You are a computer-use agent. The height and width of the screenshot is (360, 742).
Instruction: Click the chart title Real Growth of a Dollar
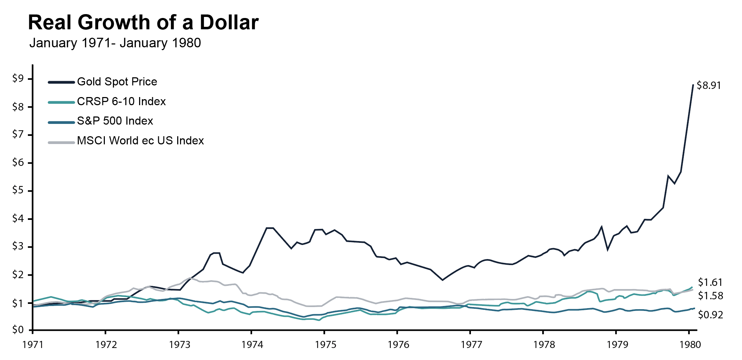point(143,23)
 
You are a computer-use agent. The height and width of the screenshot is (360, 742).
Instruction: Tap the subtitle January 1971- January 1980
point(115,43)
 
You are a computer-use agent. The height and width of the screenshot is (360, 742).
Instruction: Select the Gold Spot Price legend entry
point(117,82)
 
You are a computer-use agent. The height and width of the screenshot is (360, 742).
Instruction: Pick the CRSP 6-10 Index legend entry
point(121,102)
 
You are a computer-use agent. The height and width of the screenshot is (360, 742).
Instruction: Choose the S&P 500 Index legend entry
point(115,121)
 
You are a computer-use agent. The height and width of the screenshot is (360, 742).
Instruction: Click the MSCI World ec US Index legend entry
point(140,141)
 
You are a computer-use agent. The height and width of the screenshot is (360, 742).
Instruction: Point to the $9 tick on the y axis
point(18,78)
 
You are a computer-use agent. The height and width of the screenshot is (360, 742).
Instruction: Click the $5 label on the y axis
point(18,191)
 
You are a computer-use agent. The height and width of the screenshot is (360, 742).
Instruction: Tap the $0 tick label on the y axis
point(18,330)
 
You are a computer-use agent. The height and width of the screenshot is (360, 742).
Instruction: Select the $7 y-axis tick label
point(18,134)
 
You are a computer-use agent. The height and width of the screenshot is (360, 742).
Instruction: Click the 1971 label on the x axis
point(33,344)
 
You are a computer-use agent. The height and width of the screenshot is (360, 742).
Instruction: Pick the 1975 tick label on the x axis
point(325,344)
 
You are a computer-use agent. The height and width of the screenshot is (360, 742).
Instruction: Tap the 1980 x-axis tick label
point(690,344)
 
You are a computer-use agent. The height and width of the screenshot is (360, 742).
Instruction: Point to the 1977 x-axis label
point(471,344)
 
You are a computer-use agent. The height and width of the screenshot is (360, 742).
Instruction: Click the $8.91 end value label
point(708,86)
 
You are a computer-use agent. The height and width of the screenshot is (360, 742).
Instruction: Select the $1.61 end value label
point(710,282)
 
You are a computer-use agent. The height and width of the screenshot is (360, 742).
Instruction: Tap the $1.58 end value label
point(710,296)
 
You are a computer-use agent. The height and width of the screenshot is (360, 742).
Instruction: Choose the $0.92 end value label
point(710,315)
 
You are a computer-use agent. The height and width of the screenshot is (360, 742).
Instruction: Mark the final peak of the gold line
point(693,85)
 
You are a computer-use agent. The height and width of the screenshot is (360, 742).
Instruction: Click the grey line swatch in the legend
point(61,143)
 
